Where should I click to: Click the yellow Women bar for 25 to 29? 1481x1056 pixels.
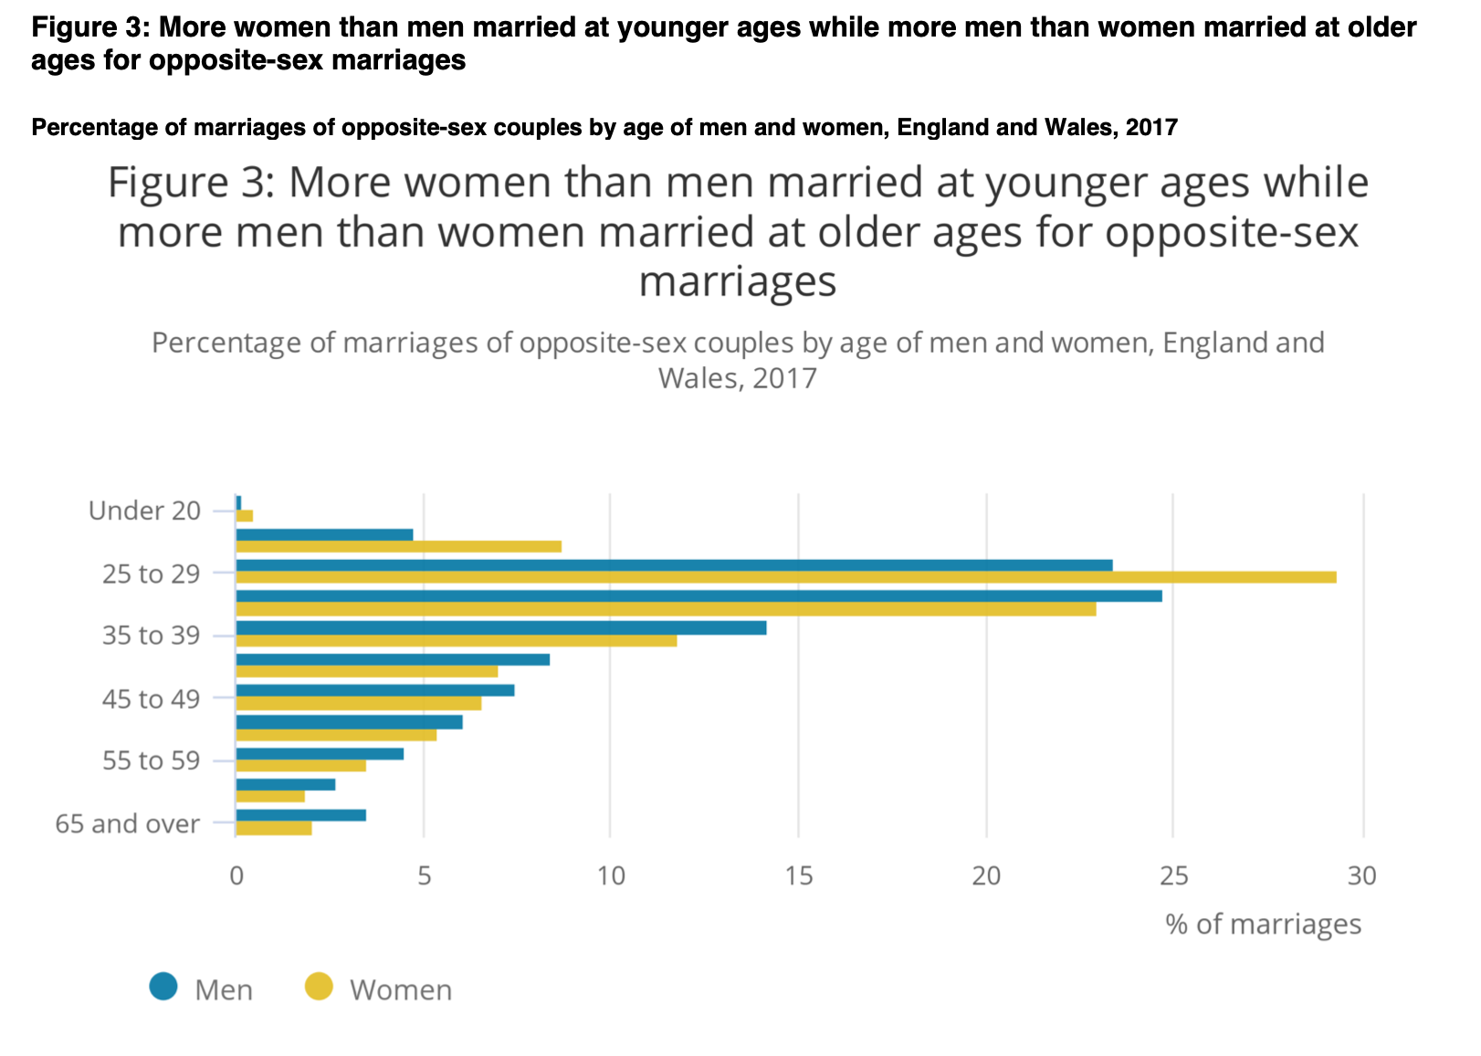pyautogui.click(x=785, y=577)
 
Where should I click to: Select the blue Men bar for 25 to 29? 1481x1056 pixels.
pyautogui.click(x=674, y=565)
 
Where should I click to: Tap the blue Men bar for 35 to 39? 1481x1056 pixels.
pyautogui.click(x=500, y=628)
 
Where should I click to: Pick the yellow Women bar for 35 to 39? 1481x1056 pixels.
pyautogui.click(x=457, y=640)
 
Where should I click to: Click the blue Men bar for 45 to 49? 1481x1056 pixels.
pyautogui.click(x=374, y=690)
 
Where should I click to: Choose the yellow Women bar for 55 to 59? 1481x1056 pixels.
pyautogui.click(x=300, y=766)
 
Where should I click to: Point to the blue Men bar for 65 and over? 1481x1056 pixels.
pyautogui.click(x=300, y=815)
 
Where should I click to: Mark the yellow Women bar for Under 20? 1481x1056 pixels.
pyautogui.click(x=245, y=516)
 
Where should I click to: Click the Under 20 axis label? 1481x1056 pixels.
pyautogui.click(x=144, y=511)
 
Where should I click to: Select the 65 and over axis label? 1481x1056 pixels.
pyautogui.click(x=127, y=824)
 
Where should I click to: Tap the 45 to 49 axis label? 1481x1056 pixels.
pyautogui.click(x=151, y=699)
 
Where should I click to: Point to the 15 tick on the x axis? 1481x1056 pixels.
pyautogui.click(x=798, y=876)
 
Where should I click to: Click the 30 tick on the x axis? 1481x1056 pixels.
pyautogui.click(x=1361, y=876)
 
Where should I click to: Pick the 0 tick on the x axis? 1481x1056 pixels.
pyautogui.click(x=236, y=876)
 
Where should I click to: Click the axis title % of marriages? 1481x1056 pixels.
pyautogui.click(x=1263, y=924)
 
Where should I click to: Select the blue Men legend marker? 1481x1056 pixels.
pyautogui.click(x=164, y=987)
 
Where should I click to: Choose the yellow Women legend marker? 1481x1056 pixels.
pyautogui.click(x=319, y=987)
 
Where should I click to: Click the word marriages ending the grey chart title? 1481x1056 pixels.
pyautogui.click(x=738, y=281)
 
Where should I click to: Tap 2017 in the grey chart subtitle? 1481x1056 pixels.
pyautogui.click(x=784, y=377)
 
